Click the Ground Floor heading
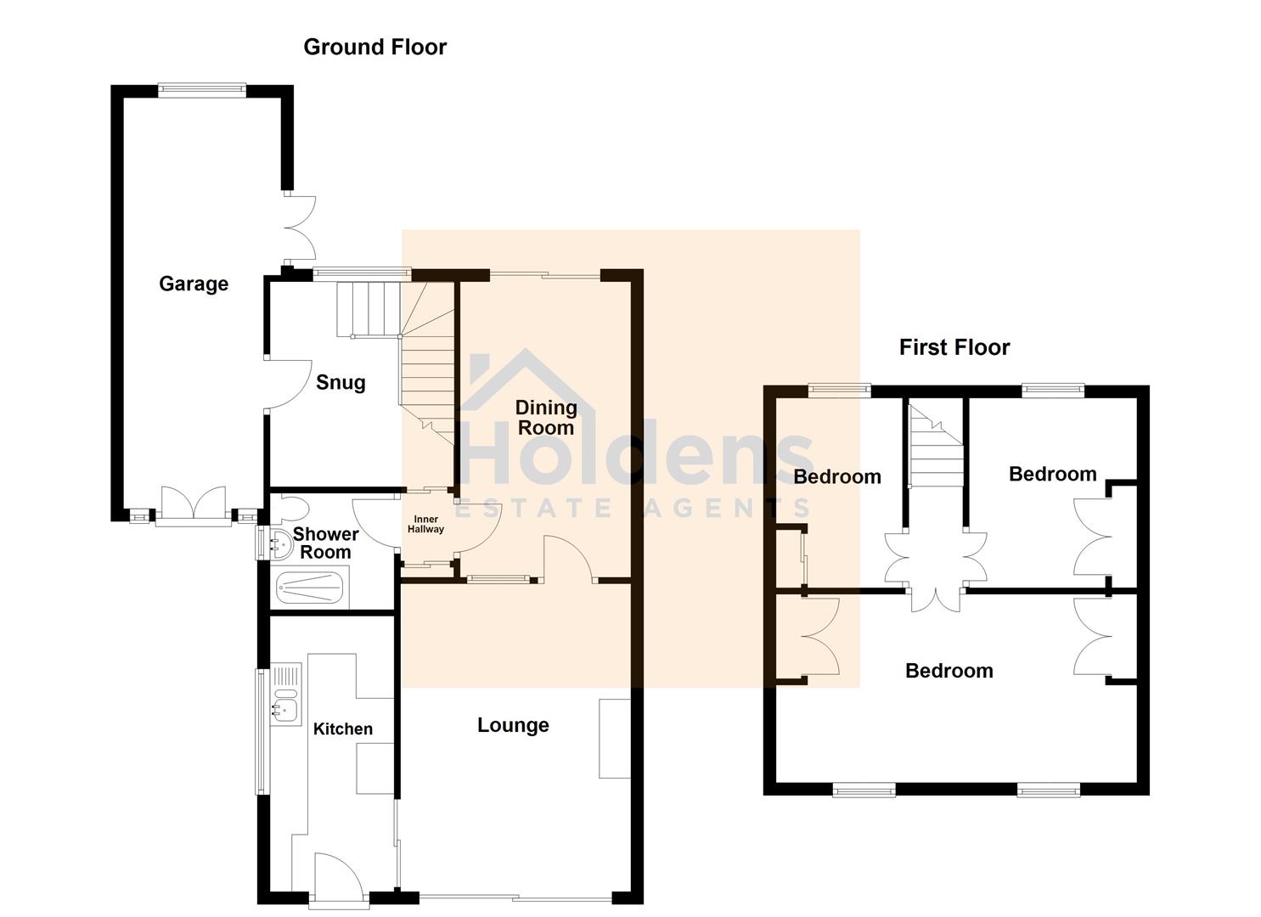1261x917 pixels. tap(374, 48)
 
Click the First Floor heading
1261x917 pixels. tap(954, 347)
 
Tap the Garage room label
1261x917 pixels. tap(194, 284)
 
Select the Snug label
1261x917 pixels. tap(341, 383)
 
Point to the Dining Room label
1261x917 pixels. tap(546, 418)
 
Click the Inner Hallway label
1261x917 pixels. tap(425, 525)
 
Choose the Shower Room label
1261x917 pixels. tap(325, 543)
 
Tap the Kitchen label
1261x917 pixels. tap(343, 729)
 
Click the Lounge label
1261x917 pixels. tap(513, 725)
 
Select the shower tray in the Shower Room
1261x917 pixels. tap(311, 588)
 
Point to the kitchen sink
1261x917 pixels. tap(284, 703)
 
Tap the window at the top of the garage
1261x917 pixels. tap(202, 88)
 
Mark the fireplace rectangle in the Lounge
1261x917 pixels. tap(615, 738)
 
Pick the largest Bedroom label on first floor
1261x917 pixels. tap(949, 671)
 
